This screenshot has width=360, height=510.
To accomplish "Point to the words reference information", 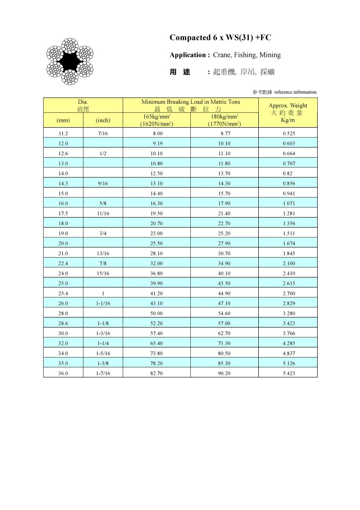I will [295, 92].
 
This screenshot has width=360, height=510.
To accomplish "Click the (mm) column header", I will [63, 120].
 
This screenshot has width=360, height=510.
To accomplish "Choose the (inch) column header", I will [103, 120].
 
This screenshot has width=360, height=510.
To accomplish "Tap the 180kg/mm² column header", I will [225, 116].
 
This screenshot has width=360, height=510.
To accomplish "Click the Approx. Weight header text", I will [288, 106].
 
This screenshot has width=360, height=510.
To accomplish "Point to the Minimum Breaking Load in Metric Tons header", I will [190, 102].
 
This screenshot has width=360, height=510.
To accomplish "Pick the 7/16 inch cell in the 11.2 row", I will [103, 133].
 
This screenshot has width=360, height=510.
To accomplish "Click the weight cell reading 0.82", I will [288, 173].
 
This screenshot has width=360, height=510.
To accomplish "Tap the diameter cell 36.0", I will [63, 373].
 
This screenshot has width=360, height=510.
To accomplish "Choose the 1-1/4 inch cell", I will [103, 343].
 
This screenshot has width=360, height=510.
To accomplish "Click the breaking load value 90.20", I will [225, 373].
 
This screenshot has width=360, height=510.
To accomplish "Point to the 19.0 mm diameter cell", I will [63, 233].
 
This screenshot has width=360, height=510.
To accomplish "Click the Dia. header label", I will [83, 102].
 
